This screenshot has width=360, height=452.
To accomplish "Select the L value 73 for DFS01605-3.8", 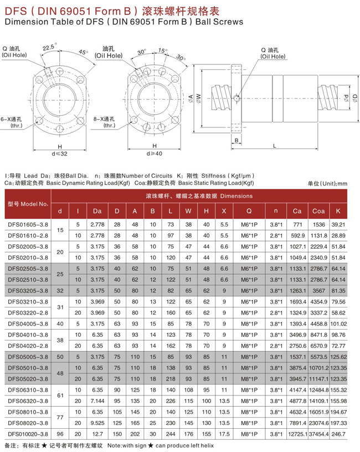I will click(x=171, y=224).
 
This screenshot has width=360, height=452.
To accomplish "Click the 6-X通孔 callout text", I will click(x=11, y=118).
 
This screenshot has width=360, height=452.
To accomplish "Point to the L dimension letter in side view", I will click(x=275, y=145).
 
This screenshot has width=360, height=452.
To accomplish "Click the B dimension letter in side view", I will click(x=236, y=141).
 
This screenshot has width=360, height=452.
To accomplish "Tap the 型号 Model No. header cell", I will click(x=28, y=204).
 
